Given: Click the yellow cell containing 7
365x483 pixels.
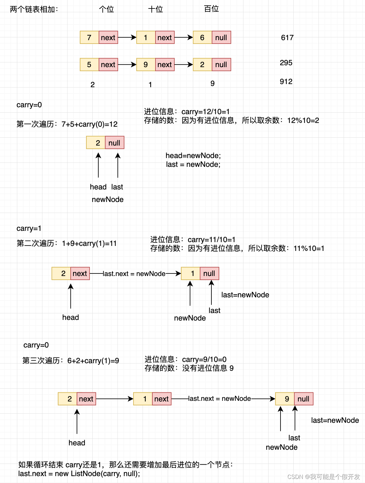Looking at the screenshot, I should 89,38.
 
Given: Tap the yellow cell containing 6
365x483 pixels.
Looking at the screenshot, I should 202,38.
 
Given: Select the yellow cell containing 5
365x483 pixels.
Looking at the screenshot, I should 89,65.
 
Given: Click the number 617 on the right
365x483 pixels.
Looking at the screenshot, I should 287,38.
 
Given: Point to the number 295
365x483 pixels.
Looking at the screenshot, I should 286,63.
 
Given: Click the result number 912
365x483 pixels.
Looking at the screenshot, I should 286,82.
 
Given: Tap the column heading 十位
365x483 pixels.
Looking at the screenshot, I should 155,9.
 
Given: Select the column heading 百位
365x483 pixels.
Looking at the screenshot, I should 211,9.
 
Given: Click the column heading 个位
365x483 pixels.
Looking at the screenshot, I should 106,9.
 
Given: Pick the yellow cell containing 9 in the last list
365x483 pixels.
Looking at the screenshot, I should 285,399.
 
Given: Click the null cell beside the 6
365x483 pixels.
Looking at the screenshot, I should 221,38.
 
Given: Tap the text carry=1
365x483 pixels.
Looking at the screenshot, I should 29,228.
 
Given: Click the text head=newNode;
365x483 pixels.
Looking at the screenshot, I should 193,156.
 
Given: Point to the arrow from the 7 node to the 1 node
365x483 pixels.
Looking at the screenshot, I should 127,38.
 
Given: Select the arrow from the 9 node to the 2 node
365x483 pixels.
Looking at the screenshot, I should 183,65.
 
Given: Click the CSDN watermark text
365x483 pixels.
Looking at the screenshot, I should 324,477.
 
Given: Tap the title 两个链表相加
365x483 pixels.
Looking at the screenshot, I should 34,9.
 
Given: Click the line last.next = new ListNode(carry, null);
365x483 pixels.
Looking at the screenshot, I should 79,474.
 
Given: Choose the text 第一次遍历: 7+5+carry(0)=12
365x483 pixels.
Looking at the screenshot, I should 67,124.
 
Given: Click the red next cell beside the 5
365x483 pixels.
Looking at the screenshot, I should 108,65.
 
